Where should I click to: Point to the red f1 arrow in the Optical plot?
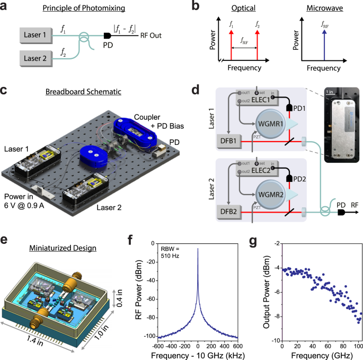[231, 44]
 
